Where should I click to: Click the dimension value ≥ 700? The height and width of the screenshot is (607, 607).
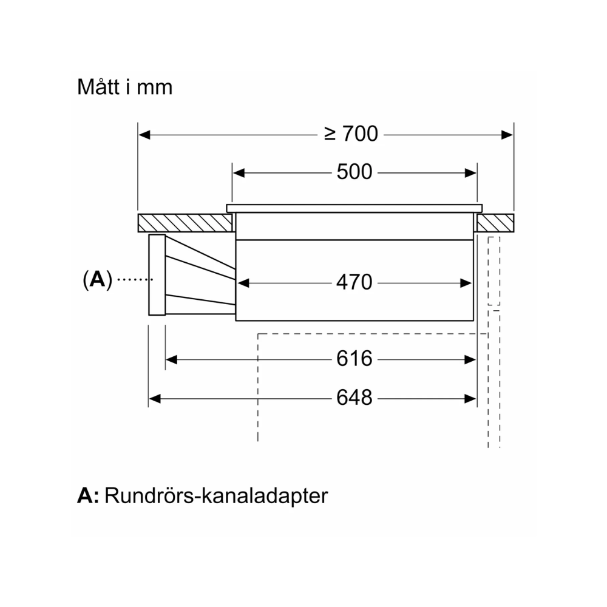(x=351, y=134)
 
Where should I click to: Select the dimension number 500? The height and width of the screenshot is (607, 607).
(x=354, y=172)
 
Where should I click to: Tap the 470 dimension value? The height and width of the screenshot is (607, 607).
(x=354, y=282)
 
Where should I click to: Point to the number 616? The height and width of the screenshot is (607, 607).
(x=354, y=359)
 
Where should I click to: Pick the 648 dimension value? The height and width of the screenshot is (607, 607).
(x=354, y=398)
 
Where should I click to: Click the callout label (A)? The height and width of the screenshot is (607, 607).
(x=98, y=279)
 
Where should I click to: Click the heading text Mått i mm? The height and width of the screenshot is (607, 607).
(x=124, y=87)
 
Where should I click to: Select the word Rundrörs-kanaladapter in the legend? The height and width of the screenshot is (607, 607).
(x=216, y=495)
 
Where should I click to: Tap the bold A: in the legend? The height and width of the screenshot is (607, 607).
(x=88, y=495)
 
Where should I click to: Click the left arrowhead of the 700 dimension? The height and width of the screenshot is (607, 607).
(x=144, y=134)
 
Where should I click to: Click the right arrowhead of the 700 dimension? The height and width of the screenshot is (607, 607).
(x=507, y=134)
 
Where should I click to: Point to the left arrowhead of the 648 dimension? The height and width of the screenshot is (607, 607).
(x=154, y=398)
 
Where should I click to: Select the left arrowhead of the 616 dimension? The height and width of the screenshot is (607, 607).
(x=171, y=359)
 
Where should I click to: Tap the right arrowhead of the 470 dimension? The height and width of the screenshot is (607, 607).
(x=467, y=282)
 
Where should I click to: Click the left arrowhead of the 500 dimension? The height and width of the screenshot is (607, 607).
(x=239, y=172)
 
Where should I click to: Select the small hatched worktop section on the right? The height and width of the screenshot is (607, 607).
(x=495, y=223)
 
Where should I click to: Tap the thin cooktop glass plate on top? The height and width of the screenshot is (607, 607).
(x=354, y=208)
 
